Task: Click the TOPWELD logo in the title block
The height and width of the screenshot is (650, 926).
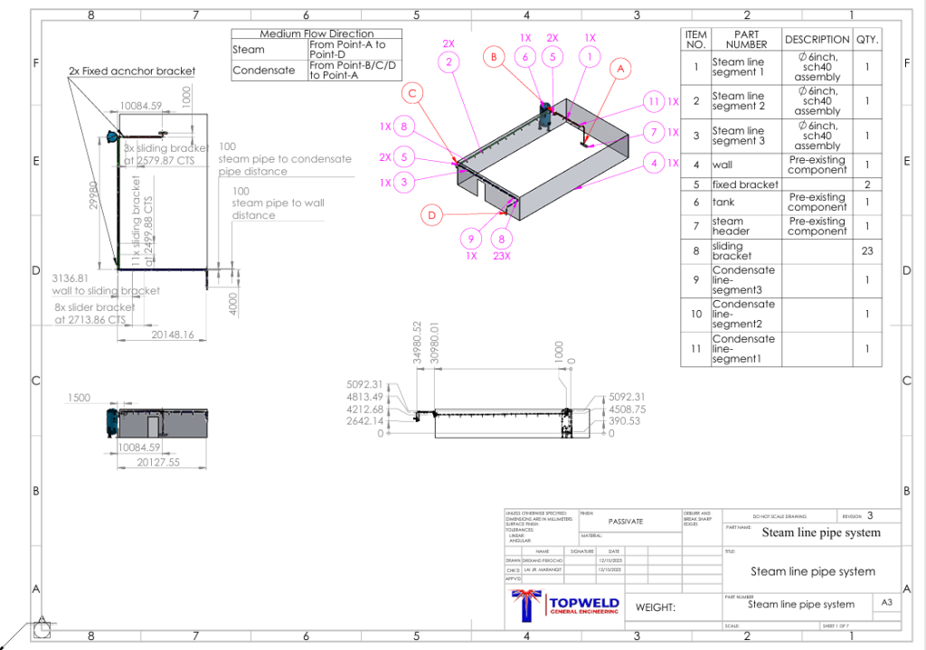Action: click(x=566, y=606)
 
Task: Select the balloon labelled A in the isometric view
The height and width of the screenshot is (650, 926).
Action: click(x=619, y=68)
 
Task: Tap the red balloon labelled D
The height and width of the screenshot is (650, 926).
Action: click(x=432, y=215)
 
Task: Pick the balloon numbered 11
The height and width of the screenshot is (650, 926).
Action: click(x=653, y=100)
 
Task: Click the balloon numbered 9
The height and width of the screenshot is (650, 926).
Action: click(x=470, y=239)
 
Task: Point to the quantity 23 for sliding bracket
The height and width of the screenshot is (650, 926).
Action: click(x=866, y=250)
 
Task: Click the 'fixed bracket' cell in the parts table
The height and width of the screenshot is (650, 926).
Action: click(x=745, y=184)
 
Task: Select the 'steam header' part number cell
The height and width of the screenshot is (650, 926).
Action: click(x=728, y=226)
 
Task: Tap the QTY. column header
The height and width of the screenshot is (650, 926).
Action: click(x=866, y=40)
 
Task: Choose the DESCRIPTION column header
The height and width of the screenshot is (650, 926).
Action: click(x=817, y=40)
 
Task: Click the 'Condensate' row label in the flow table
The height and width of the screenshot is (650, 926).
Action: click(x=263, y=70)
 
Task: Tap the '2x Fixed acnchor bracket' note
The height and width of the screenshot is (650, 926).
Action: click(x=132, y=71)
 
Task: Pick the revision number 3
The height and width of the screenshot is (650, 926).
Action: click(x=870, y=515)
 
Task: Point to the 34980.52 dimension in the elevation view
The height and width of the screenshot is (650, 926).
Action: click(x=417, y=341)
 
